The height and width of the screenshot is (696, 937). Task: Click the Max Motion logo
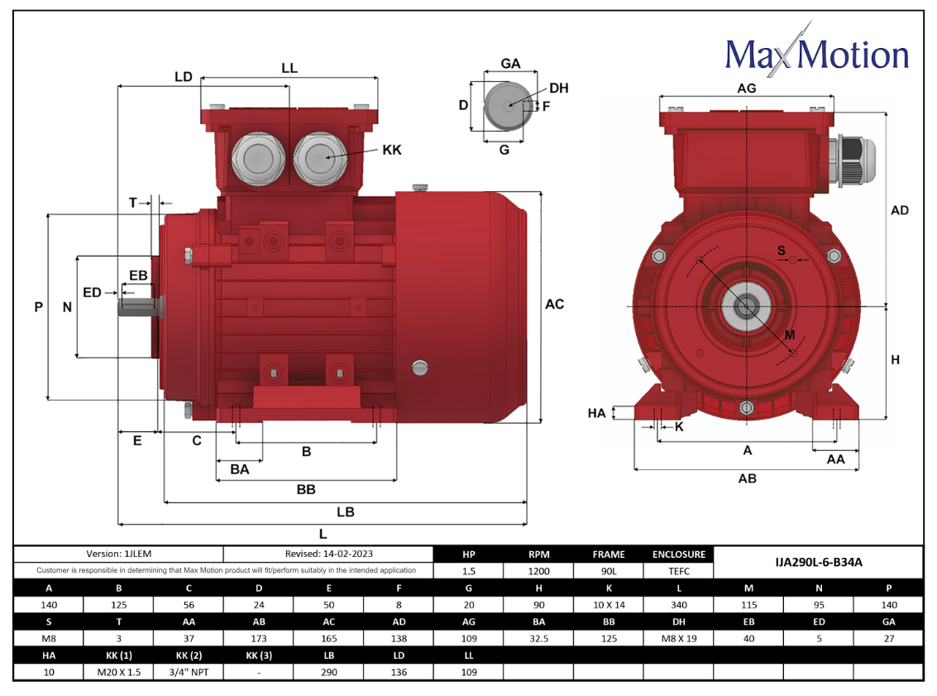(x=817, y=53)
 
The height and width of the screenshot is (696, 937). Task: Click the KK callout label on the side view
(x=392, y=150)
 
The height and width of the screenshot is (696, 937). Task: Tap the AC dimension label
(x=555, y=305)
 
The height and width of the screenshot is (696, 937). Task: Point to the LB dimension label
(x=346, y=511)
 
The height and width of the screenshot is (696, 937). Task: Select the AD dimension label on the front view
(x=899, y=210)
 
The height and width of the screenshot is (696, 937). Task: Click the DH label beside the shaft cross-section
(x=559, y=89)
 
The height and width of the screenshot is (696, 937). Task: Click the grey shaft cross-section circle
(x=507, y=107)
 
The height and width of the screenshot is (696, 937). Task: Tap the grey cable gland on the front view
(x=852, y=161)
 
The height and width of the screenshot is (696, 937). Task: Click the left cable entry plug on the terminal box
(x=258, y=159)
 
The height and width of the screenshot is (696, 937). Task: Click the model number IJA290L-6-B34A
(x=818, y=562)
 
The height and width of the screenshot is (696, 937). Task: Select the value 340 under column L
(x=679, y=605)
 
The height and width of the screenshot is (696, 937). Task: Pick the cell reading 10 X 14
(x=609, y=605)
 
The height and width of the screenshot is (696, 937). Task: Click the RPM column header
(x=539, y=554)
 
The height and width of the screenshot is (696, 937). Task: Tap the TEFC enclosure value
(x=679, y=571)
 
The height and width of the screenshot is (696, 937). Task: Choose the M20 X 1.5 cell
(x=119, y=672)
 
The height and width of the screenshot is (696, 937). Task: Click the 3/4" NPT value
(x=189, y=672)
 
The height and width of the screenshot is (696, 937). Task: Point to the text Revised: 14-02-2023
(x=328, y=554)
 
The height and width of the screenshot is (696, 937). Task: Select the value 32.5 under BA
(x=539, y=639)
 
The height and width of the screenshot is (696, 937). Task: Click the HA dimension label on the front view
(x=596, y=413)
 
